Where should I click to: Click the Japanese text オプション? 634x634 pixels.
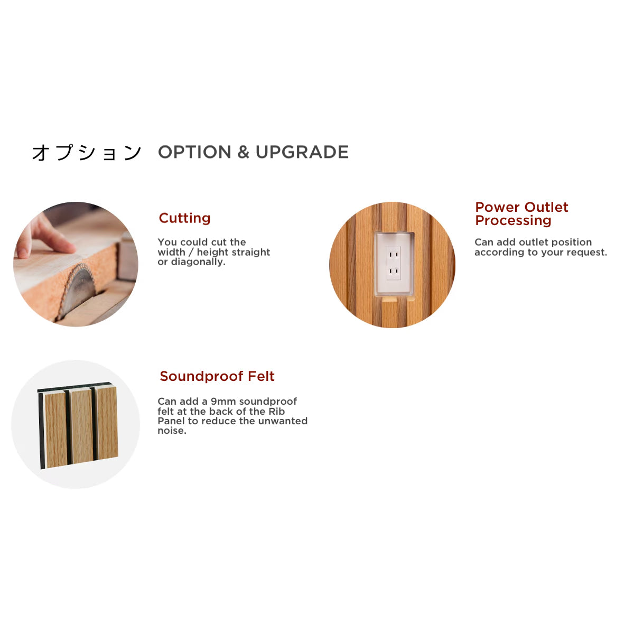87,153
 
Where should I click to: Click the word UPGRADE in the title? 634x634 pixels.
302,152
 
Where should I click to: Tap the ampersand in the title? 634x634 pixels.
243,152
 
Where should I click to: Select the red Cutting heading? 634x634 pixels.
184,218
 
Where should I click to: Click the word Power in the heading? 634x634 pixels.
498,207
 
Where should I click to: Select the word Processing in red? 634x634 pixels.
513,221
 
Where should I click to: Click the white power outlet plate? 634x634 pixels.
394,264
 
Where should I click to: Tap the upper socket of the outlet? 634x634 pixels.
394,254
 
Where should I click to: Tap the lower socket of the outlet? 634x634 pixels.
394,271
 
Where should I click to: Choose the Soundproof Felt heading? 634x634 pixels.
217,376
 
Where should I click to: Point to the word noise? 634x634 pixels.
171,431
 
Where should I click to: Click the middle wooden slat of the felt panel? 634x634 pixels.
81,426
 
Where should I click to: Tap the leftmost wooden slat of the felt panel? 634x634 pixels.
55,430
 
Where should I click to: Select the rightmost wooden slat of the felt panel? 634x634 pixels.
106,423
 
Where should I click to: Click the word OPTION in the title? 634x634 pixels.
194,152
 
